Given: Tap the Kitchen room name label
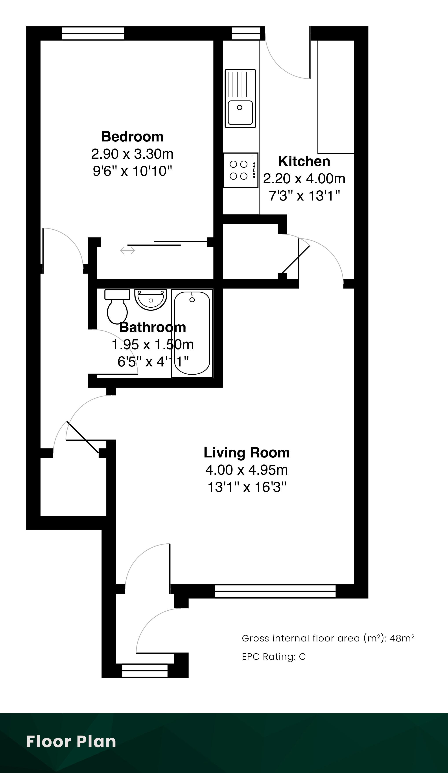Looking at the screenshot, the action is click(x=304, y=161).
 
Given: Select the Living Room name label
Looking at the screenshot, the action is click(x=247, y=453).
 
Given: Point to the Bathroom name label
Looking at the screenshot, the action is click(x=153, y=327).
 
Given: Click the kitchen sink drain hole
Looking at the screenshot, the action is click(x=240, y=107).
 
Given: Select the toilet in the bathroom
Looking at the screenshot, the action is click(x=117, y=307).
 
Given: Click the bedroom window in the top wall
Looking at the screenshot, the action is click(x=93, y=33).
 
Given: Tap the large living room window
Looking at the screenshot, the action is click(x=275, y=591).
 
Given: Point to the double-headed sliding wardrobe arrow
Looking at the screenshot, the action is click(x=127, y=251).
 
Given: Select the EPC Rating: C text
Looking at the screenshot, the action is click(x=274, y=657).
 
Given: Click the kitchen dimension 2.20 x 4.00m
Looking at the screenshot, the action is click(x=304, y=178).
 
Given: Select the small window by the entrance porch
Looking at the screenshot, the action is click(x=145, y=671).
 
